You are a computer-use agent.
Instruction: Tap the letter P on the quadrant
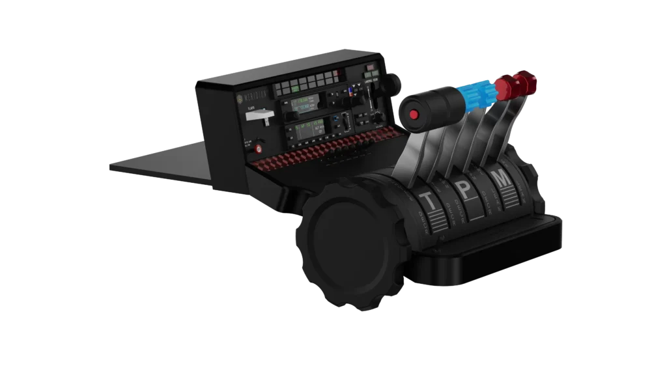tap(463, 189)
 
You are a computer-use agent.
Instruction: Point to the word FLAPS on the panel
tap(250, 109)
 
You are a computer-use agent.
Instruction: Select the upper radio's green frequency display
tap(301, 103)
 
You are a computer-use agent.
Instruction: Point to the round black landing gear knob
tap(393, 83)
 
